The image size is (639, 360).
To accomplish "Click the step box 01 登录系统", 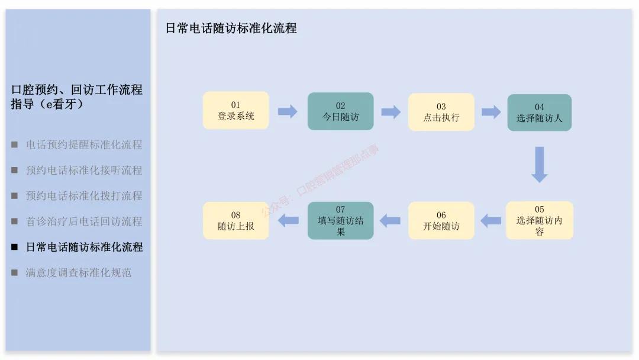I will tap(235, 111).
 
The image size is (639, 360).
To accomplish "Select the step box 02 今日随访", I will tap(340, 111).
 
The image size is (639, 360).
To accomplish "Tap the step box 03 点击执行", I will tap(441, 112).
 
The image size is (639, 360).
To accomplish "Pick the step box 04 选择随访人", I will tap(539, 112).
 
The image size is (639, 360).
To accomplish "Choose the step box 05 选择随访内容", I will tap(539, 221).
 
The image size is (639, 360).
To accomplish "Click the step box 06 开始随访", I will tap(441, 221).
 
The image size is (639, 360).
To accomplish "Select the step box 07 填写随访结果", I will tap(340, 221).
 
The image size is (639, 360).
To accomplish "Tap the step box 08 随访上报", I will tap(235, 221).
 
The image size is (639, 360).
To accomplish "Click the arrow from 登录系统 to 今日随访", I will tap(288, 111).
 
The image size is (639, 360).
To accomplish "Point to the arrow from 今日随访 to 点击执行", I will tap(390, 112).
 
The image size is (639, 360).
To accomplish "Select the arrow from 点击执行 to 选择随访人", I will tap(491, 112).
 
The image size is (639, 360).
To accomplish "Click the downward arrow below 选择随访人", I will tap(539, 164).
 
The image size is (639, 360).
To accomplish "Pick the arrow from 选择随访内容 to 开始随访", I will tap(490, 221).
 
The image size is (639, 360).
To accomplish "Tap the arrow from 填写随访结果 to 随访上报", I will tap(288, 221).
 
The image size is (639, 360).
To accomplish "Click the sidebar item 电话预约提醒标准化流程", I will tap(84, 144).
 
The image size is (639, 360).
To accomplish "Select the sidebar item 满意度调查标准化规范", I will tap(79, 273).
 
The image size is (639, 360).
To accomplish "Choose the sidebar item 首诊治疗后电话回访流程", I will tap(84, 221).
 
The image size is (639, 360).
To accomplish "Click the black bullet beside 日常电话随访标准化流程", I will tap(14, 247).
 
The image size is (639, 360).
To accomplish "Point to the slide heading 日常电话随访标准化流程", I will tap(231, 28).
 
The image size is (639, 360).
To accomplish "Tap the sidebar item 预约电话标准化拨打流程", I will tap(84, 196).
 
